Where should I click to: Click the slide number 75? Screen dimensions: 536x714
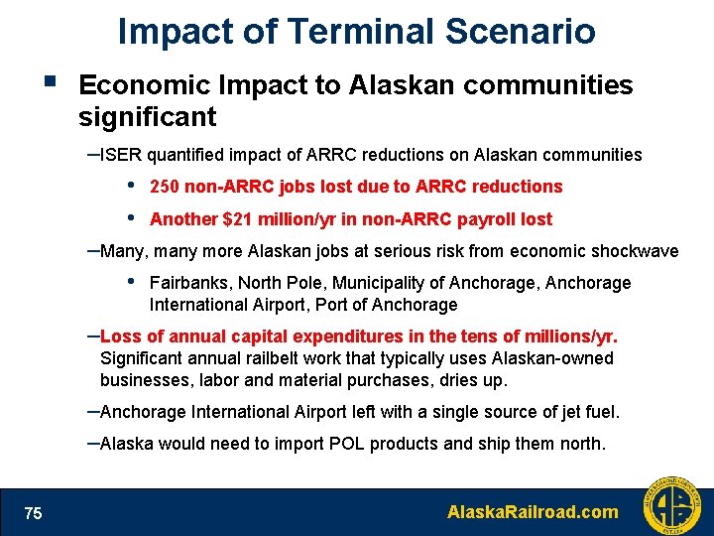click(34, 512)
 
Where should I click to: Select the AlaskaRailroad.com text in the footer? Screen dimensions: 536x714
click(533, 512)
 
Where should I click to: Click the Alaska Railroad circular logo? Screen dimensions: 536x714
click(670, 506)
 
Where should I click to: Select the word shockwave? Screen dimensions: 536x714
click(634, 251)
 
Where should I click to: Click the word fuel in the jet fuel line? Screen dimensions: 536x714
click(600, 412)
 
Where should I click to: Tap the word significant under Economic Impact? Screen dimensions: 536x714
click(147, 118)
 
